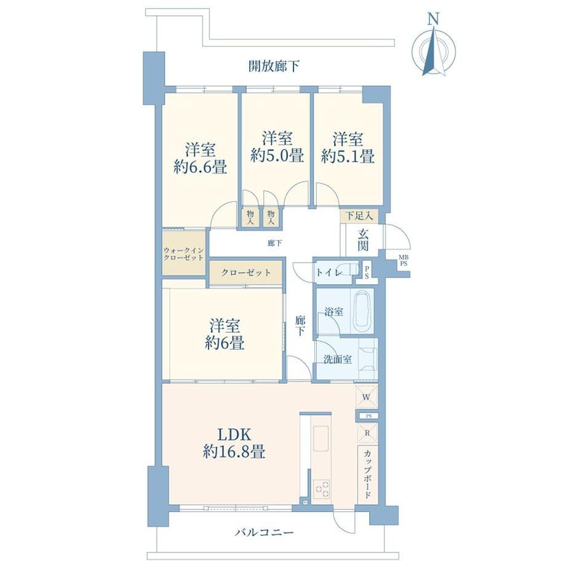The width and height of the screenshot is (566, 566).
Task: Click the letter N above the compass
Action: pyautogui.click(x=433, y=19)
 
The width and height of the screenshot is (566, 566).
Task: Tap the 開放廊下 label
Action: pyautogui.click(x=274, y=66)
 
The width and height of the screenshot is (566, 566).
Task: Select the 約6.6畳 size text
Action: pyautogui.click(x=200, y=167)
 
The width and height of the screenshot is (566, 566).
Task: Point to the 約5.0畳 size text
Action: pyautogui.click(x=277, y=156)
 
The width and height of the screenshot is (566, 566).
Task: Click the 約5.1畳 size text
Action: pyautogui.click(x=348, y=156)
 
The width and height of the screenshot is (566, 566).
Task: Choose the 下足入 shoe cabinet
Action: pyautogui.click(x=359, y=216)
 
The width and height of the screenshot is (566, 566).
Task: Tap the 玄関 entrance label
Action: pyautogui.click(x=363, y=240)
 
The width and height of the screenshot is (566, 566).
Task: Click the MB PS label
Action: pyautogui.click(x=404, y=261)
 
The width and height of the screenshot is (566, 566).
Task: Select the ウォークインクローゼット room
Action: pyautogui.click(x=184, y=253)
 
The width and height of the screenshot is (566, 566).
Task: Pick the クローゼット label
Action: pyautogui.click(x=246, y=272)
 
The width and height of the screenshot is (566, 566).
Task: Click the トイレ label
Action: pyautogui.click(x=329, y=273)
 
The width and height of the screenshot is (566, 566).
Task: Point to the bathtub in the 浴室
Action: pyautogui.click(x=362, y=311)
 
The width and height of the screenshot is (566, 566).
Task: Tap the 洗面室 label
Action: pyautogui.click(x=337, y=359)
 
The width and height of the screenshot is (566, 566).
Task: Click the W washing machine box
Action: pyautogui.click(x=367, y=397)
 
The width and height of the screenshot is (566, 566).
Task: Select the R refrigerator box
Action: pyautogui.click(x=367, y=432)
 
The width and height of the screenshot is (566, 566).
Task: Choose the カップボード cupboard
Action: pyautogui.click(x=368, y=474)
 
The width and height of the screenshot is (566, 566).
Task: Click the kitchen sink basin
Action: pyautogui.click(x=321, y=438)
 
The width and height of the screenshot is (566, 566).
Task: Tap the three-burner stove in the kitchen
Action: pyautogui.click(x=321, y=489)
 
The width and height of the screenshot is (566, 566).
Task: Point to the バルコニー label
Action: pyautogui.click(x=264, y=532)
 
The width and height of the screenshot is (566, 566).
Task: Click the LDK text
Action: pyautogui.click(x=234, y=434)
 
